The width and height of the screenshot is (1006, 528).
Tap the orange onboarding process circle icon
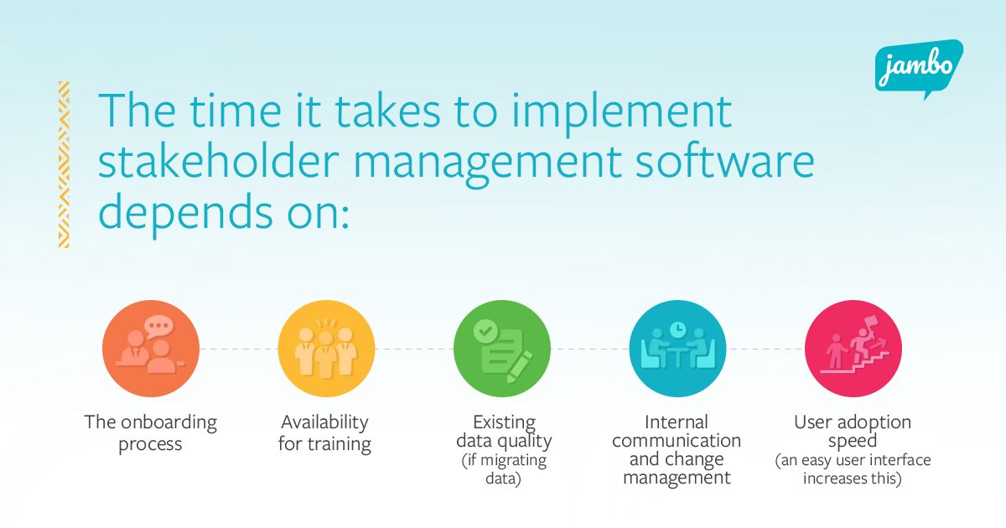[x=151, y=348]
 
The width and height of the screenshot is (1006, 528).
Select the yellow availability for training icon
[x=326, y=348]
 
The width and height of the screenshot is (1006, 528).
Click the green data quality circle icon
[x=501, y=348]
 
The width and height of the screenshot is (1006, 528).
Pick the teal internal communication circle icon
[x=677, y=348]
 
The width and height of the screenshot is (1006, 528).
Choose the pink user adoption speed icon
[x=853, y=348]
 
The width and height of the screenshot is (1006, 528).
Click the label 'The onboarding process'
[x=151, y=432]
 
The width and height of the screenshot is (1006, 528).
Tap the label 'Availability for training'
[x=325, y=432]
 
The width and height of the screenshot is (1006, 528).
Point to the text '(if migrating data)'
[x=503, y=470]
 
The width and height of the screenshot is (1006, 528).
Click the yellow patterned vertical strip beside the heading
[x=64, y=164]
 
